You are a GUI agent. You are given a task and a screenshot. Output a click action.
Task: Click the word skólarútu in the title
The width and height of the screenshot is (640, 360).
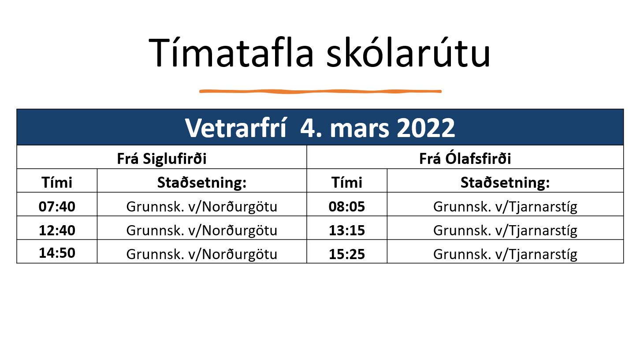point(409,52)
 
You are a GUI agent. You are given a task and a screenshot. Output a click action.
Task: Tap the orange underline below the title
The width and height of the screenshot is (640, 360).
point(320,91)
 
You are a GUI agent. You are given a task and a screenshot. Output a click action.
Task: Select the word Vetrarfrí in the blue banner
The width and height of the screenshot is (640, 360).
point(235,128)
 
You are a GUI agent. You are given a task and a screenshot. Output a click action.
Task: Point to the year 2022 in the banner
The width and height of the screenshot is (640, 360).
point(426,128)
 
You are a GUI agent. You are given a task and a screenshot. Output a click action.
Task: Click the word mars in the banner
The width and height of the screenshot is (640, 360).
point(359,129)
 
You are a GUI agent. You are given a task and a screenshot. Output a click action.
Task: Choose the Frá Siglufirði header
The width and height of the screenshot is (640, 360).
point(162,159)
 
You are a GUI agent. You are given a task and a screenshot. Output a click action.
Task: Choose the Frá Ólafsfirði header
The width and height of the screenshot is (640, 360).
point(465,158)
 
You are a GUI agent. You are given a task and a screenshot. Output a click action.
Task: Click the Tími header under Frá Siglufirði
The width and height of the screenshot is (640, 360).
point(57,182)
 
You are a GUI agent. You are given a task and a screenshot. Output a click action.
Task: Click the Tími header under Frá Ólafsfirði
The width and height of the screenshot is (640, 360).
point(347,182)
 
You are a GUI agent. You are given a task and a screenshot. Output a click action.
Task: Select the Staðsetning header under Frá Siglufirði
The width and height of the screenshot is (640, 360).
point(202,182)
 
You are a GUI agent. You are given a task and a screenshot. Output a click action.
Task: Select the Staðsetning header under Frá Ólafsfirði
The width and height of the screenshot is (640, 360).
point(505,182)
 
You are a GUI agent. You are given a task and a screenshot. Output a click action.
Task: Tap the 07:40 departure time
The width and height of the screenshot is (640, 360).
point(57,206)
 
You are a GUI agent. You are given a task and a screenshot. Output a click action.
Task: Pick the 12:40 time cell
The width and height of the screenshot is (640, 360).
point(57,230)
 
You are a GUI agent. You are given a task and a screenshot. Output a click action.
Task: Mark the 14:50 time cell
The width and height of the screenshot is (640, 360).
point(57,253)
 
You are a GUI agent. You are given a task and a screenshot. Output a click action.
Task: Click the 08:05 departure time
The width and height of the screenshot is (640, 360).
point(347,206)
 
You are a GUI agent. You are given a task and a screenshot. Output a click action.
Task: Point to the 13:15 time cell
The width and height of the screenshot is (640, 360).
point(347,230)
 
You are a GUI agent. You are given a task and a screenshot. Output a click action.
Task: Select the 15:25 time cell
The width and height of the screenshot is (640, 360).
point(347,254)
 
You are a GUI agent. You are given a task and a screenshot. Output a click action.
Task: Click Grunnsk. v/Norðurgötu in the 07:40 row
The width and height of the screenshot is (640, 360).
point(202,207)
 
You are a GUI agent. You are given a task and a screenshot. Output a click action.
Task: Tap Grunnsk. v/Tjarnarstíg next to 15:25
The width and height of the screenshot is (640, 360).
point(505,254)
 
